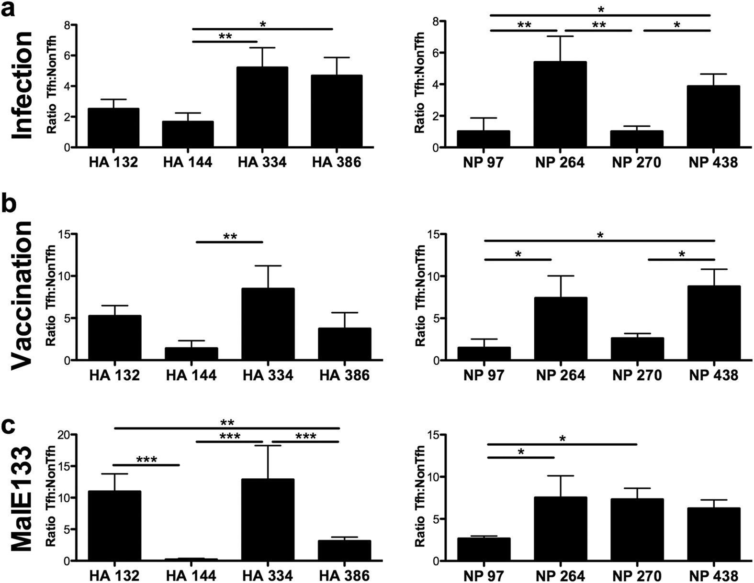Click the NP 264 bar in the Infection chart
point(560,105)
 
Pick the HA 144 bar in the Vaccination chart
point(191,354)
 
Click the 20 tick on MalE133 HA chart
point(62,434)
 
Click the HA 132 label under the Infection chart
point(113,163)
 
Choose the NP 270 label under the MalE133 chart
point(637,576)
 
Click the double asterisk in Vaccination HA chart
point(230,236)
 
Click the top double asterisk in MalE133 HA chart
point(227,422)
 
